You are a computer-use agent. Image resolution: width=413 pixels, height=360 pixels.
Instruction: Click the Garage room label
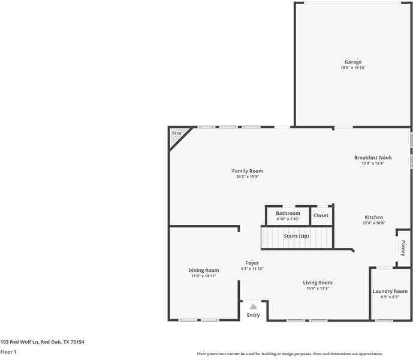tap(352, 62)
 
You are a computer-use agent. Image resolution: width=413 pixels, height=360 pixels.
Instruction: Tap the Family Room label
tap(248, 171)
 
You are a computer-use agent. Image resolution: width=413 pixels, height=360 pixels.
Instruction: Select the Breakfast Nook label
tap(372, 157)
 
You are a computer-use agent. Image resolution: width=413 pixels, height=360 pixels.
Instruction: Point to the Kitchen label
tap(373, 217)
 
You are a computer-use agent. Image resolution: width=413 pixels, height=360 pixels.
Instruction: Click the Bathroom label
tap(288, 213)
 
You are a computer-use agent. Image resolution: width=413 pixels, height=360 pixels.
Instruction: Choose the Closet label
tap(321, 215)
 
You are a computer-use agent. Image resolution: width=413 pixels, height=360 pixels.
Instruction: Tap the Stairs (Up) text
tap(296, 236)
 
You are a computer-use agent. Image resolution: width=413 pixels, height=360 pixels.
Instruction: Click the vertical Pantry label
tap(403, 248)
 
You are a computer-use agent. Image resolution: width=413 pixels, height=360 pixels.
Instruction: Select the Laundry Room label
tap(390, 291)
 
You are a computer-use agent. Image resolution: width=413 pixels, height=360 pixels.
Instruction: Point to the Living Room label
tap(317, 283)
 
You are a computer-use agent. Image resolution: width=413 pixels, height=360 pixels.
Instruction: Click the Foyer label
tap(252, 263)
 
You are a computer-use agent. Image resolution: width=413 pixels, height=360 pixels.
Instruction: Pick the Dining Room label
tap(204, 270)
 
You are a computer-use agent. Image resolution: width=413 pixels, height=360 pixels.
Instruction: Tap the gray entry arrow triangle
tap(253, 307)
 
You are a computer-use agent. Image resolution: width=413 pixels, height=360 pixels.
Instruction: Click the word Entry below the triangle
tap(254, 315)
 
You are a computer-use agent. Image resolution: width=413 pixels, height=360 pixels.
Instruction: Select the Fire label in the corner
tap(176, 133)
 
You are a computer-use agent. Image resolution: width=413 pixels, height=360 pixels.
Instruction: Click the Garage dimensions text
tap(352, 68)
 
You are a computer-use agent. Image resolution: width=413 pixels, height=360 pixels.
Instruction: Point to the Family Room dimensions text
tap(248, 177)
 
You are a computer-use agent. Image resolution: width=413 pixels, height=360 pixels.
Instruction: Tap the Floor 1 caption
tap(8, 352)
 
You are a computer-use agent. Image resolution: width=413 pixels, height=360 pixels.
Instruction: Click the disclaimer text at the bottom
tap(290, 354)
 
